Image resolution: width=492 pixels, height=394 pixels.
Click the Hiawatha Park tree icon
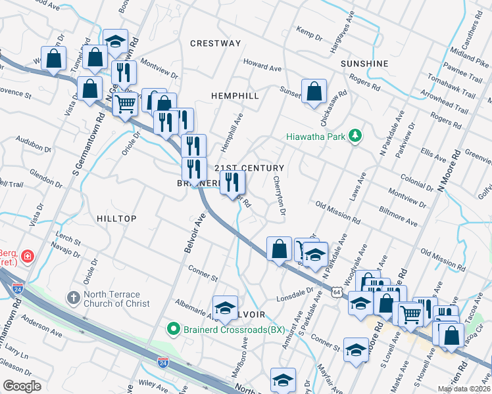point(356,136)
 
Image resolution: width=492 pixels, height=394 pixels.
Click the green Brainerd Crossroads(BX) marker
point(174,329)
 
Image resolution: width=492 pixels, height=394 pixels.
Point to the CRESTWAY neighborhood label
point(215,43)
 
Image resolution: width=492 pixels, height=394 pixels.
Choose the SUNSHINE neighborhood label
point(365,64)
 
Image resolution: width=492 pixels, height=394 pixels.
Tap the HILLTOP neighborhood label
point(116,218)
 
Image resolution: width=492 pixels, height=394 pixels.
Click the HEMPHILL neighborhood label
point(235,96)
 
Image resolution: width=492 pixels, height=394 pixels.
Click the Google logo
point(22,386)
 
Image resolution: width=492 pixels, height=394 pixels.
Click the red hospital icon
point(28,255)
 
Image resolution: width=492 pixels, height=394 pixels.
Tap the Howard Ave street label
point(262,66)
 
